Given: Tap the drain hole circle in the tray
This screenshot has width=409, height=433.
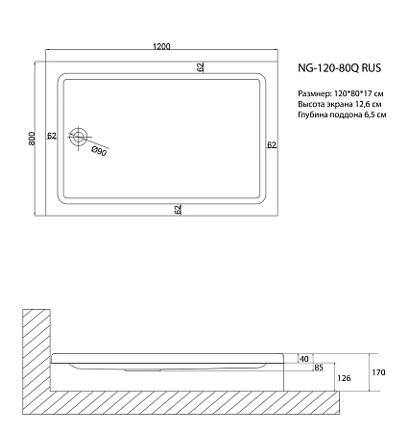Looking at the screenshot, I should tap(82, 138).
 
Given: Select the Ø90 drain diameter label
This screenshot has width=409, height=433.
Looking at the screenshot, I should tap(98, 151).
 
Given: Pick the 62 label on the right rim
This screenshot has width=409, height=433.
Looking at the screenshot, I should tap(272, 145).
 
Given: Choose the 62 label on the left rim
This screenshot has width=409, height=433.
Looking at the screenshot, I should tap(52, 136).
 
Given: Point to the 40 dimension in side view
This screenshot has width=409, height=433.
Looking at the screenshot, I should tap(304, 358).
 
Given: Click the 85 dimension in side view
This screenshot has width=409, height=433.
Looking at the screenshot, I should tap(318, 368).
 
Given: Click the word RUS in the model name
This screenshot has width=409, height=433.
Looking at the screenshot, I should tap(373, 69).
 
